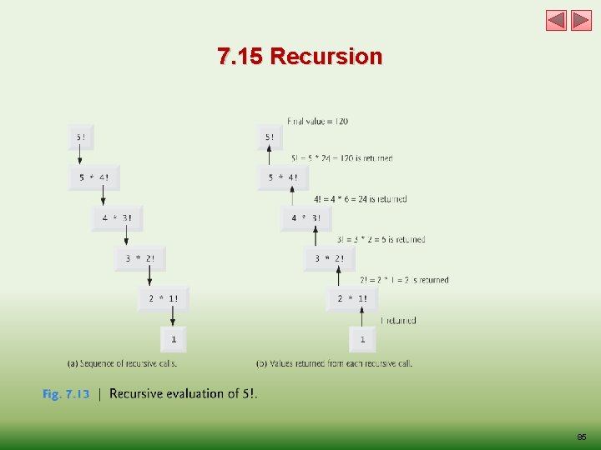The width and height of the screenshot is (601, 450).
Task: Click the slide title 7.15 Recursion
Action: point(300,57)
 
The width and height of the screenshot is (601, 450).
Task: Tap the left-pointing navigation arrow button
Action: point(557,20)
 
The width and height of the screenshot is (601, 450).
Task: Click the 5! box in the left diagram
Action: point(81,137)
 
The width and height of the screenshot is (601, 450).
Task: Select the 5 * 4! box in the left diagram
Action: point(93,177)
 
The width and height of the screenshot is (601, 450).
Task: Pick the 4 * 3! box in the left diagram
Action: point(117,218)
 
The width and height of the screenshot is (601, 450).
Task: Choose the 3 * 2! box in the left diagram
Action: point(140,258)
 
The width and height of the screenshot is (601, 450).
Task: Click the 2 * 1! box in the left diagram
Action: point(164,298)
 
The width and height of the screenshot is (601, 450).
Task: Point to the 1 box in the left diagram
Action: point(174,339)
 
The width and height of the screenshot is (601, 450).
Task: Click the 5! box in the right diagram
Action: point(270,137)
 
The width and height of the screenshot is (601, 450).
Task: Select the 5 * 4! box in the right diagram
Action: point(283,177)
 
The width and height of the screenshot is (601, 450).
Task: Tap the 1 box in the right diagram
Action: point(362,339)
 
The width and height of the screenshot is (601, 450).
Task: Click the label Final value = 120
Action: point(317,122)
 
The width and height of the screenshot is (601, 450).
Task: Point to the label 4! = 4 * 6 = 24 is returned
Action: point(361,199)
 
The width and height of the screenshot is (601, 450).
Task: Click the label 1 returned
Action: point(398,321)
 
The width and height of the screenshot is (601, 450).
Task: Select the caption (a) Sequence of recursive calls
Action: point(122,363)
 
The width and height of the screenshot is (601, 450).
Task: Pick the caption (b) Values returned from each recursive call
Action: point(334,363)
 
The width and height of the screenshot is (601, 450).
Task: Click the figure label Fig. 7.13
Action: point(66,394)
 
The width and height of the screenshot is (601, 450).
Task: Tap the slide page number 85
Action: point(581,437)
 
